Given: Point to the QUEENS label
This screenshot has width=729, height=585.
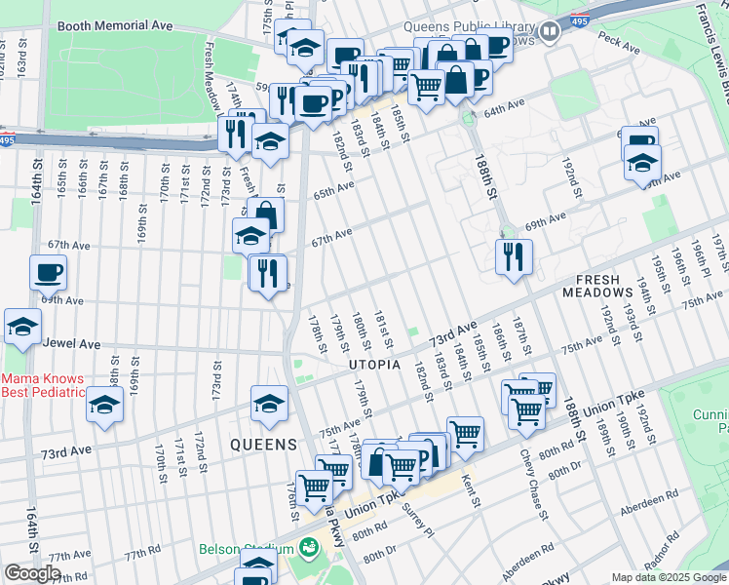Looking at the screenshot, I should click(x=263, y=445).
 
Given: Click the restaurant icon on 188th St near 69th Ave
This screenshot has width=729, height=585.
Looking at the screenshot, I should click(x=514, y=255).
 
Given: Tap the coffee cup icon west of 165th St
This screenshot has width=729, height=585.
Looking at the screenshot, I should click(x=48, y=272).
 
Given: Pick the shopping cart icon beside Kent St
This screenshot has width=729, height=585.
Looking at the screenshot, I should click(x=466, y=431).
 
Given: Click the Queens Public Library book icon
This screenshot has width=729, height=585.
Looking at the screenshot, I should click(x=551, y=32).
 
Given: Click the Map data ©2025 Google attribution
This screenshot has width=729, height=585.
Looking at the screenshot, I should click(x=669, y=577).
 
